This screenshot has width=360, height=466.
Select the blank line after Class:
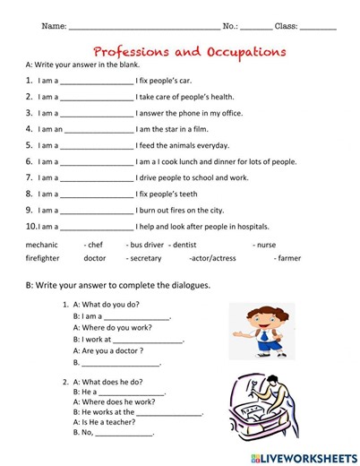(x=319, y=28)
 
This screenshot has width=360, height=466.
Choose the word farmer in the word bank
(x=288, y=258)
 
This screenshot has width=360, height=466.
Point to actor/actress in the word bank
(x=213, y=258)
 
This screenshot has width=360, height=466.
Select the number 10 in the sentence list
(x=30, y=226)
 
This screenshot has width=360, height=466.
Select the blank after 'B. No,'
(x=124, y=433)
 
